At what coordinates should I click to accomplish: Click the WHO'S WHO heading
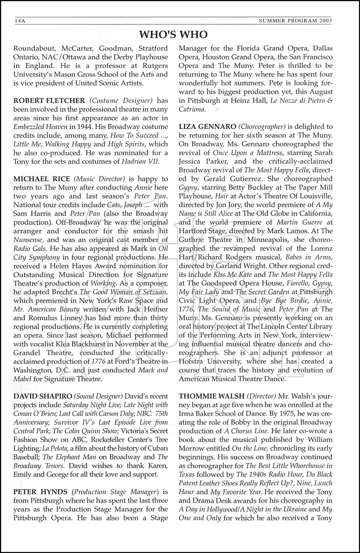(x=173, y=35)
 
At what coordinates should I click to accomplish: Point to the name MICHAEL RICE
(x=42, y=179)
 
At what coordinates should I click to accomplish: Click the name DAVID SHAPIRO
(x=42, y=396)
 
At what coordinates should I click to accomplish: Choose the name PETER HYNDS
(x=41, y=492)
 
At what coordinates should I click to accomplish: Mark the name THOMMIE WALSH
(x=212, y=396)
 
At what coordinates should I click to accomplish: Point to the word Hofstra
(x=192, y=361)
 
